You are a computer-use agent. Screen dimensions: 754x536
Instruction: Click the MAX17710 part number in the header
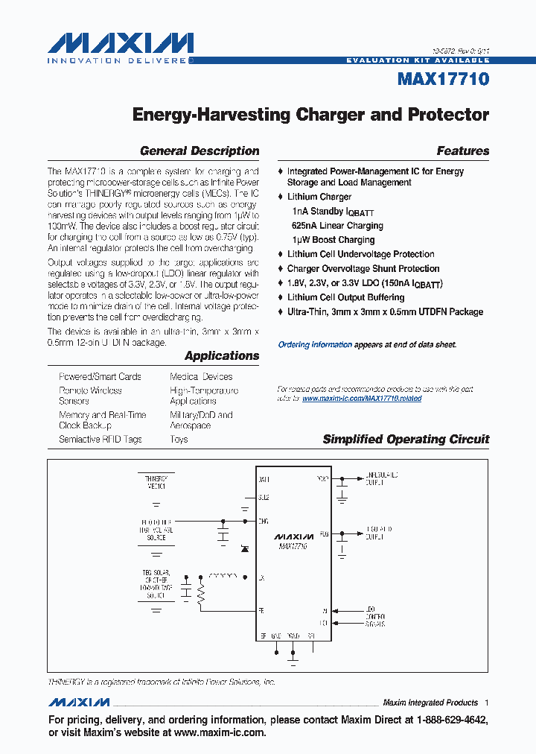point(443,79)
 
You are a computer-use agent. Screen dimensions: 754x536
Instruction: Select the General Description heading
point(200,151)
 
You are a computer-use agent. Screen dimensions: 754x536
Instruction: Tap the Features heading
point(463,151)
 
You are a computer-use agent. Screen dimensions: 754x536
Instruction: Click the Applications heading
point(222,356)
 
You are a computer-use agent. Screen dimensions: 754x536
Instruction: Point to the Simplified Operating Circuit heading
point(406,440)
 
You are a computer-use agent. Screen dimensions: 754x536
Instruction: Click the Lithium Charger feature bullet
point(319,197)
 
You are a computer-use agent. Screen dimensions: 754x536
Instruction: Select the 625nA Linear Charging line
point(338,226)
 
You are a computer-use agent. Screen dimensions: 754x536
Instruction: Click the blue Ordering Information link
point(315,345)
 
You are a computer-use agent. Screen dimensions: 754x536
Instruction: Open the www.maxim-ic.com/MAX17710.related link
point(362,399)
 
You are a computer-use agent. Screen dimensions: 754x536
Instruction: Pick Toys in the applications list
point(179,440)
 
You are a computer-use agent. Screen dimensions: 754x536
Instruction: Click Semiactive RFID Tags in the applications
point(100,440)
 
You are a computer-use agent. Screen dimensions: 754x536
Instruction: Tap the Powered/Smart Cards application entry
point(100,377)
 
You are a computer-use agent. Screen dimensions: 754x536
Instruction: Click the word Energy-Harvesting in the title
point(211,115)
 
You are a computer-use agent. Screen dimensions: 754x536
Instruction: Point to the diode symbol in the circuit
point(244,548)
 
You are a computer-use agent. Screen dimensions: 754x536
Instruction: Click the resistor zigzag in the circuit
point(201,592)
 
